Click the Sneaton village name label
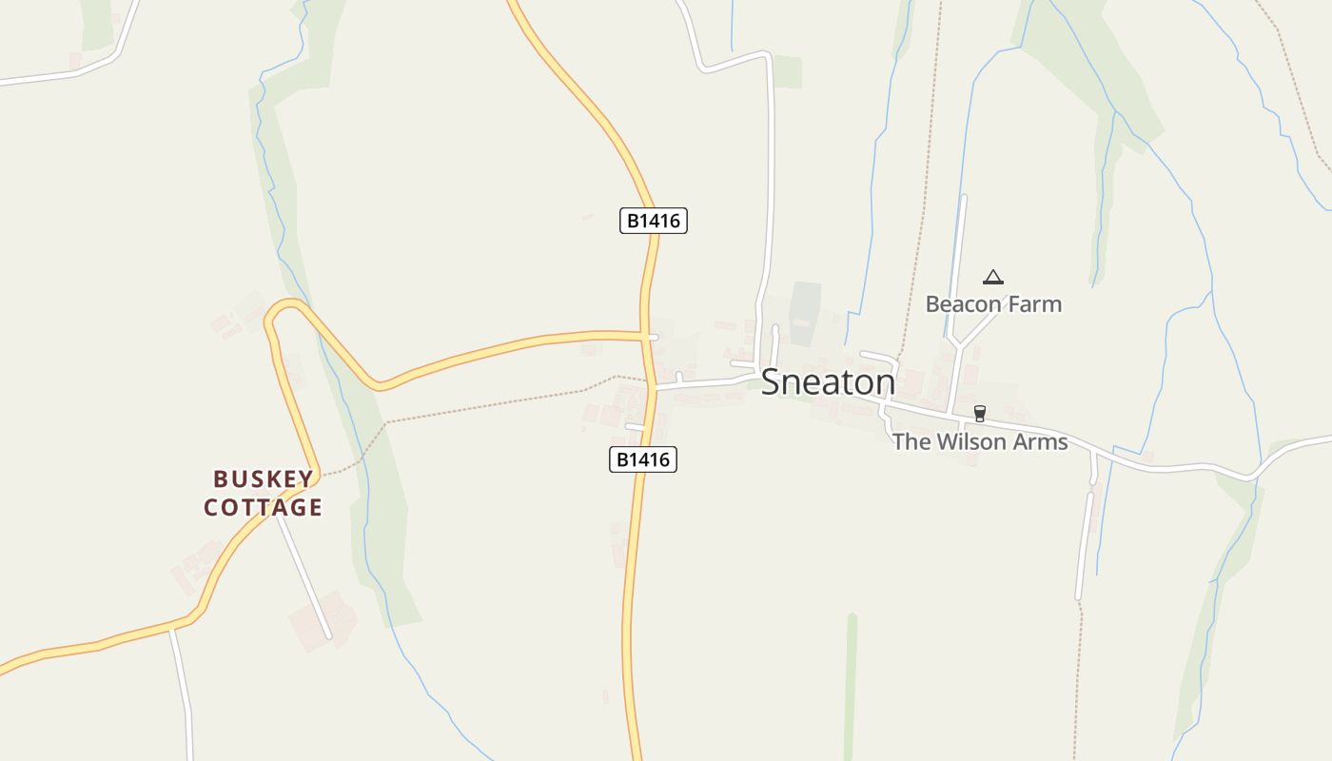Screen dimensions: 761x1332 (x=828, y=381)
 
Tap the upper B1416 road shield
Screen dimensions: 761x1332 (x=654, y=222)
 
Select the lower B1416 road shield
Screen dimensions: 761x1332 (x=642, y=460)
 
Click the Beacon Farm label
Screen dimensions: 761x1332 (x=993, y=304)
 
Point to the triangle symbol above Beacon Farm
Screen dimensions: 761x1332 (x=993, y=277)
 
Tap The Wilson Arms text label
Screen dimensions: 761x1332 (x=980, y=442)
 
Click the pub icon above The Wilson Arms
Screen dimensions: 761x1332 (x=980, y=414)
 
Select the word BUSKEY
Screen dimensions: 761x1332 (x=264, y=478)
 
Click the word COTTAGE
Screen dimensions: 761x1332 (x=264, y=508)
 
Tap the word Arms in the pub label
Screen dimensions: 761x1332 (x=1041, y=442)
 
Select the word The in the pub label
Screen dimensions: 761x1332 (x=911, y=442)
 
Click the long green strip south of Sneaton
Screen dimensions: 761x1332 (x=851, y=685)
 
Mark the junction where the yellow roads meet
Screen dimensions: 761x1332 (x=647, y=336)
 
